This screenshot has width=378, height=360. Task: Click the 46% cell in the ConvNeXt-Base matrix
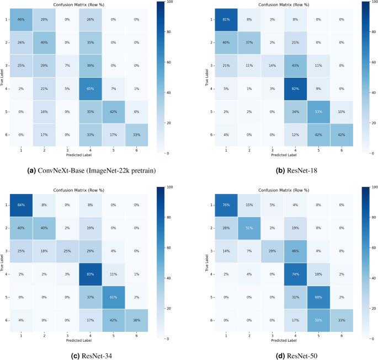click(x=21, y=20)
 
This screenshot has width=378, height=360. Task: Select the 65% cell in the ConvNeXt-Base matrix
click(x=90, y=89)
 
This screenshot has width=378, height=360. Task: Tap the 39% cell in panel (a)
click(x=90, y=66)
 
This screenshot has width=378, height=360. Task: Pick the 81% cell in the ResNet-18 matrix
click(x=226, y=20)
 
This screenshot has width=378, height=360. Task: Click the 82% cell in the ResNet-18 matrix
click(x=295, y=89)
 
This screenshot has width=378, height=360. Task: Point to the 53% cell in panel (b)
click(x=318, y=112)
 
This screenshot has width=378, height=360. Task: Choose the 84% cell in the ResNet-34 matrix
click(x=21, y=205)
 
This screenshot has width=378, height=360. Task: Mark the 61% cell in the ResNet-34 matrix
click(x=113, y=297)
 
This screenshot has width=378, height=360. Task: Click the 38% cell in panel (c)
click(x=136, y=320)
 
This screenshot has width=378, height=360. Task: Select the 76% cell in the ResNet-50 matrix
click(x=226, y=205)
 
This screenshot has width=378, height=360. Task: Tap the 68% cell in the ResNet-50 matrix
click(x=318, y=297)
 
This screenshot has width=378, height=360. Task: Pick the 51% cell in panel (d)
click(x=249, y=228)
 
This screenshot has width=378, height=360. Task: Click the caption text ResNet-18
click(x=302, y=171)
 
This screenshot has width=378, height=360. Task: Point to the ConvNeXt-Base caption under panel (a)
click(x=97, y=171)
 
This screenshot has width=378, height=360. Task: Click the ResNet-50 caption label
click(x=302, y=356)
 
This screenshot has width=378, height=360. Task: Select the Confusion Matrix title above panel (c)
click(x=78, y=190)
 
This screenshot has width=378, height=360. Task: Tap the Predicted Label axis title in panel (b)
click(x=284, y=155)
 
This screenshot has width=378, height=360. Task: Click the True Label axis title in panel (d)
click(x=207, y=263)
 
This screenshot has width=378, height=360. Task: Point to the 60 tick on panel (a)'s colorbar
click(x=169, y=62)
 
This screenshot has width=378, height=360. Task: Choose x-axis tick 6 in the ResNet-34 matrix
click(x=136, y=336)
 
